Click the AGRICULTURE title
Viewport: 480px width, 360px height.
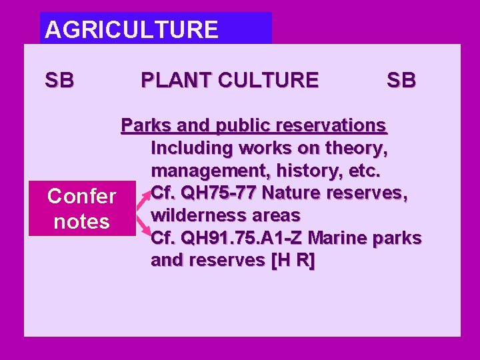coord(131,29)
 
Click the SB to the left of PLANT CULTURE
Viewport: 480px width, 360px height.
coord(59,81)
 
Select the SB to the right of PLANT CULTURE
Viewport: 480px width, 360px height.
coord(401,81)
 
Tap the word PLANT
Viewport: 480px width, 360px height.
coord(170,81)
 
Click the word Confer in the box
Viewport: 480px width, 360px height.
coord(81,196)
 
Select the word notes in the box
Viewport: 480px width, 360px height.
coord(81,221)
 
